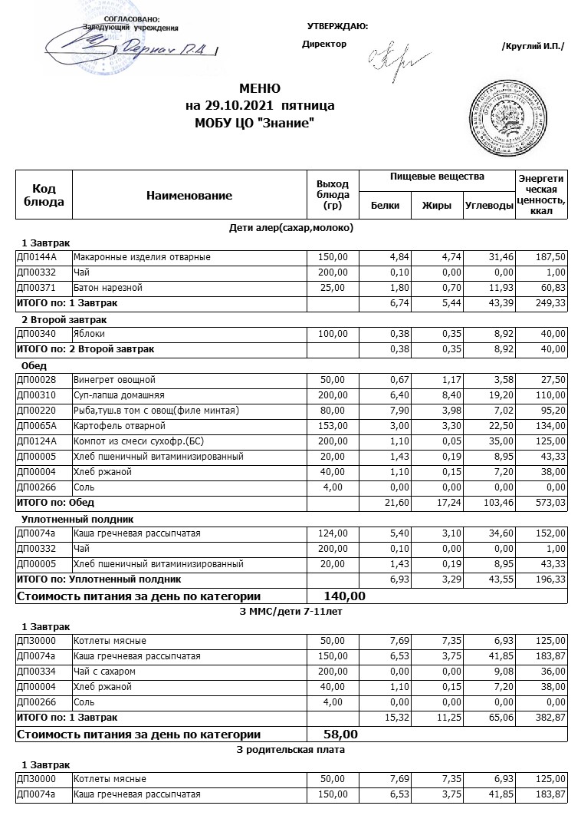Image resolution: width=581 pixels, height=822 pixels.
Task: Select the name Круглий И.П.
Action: click(533, 46)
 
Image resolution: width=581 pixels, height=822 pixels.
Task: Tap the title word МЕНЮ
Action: click(260, 88)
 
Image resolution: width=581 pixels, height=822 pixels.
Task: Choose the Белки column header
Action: click(385, 206)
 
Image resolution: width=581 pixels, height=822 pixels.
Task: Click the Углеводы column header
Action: click(489, 206)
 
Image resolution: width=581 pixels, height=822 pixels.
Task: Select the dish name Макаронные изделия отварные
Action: click(142, 257)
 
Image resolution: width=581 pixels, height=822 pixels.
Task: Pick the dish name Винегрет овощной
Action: click(114, 380)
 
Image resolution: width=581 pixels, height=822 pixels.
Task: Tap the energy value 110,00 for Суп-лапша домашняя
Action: click(550, 395)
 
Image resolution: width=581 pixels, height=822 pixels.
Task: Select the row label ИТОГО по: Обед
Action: click(55, 503)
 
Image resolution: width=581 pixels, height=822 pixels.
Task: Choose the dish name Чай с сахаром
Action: click(106, 672)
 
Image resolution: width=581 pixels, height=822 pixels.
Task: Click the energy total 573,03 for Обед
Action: click(549, 503)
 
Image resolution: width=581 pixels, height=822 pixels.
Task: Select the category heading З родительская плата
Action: click(290, 749)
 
